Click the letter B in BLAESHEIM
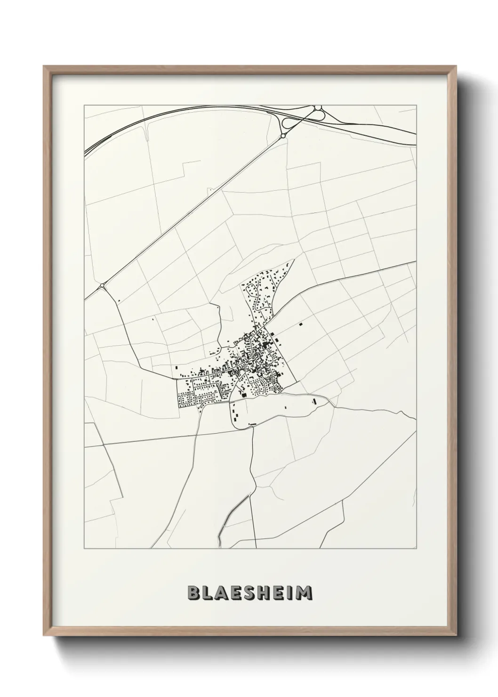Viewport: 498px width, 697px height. coord(193,593)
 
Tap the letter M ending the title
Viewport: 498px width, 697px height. coord(305,593)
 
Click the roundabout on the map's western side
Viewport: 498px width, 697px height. coord(102,285)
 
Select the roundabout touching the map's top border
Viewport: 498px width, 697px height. coord(318,108)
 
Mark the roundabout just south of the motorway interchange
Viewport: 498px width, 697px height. coord(283,136)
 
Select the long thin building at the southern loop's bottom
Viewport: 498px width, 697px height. coord(252,424)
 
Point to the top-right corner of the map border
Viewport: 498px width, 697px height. coord(417,105)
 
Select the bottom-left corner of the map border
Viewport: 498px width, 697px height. coord(84,549)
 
